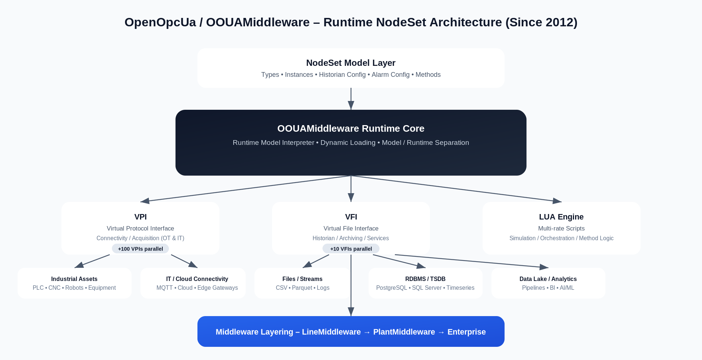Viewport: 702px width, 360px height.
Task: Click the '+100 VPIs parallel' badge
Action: point(140,249)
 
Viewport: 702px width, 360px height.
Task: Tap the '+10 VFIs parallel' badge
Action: point(351,249)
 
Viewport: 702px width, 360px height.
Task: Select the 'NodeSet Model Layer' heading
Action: point(351,63)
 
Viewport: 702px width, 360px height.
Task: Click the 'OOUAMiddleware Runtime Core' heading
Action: point(351,128)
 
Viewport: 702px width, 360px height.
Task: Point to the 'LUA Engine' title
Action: point(561,217)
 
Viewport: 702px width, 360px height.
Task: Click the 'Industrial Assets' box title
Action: point(74,279)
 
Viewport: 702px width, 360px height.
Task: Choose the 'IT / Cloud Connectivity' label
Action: point(197,279)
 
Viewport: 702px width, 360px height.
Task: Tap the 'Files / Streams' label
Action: point(302,279)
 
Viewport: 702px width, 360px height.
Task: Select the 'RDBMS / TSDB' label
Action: point(425,279)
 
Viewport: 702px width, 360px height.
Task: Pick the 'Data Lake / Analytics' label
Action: point(548,279)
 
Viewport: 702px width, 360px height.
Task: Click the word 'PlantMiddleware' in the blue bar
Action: point(404,332)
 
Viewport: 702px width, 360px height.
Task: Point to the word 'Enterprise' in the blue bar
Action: point(467,332)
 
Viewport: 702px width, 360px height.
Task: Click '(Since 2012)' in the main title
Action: point(541,22)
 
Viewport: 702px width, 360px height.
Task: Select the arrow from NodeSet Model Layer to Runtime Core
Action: point(351,99)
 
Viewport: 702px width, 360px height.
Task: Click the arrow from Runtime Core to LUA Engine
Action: point(457,188)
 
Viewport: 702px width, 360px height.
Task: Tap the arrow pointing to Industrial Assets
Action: point(92,261)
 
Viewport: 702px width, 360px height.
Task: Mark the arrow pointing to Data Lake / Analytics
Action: point(472,261)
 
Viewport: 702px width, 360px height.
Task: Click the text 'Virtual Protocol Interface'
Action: point(140,229)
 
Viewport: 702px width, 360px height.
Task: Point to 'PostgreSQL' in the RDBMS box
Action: point(391,288)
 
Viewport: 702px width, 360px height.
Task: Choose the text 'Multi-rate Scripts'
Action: point(561,229)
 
